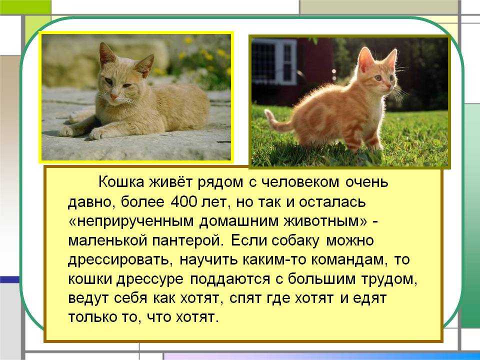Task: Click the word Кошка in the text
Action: pos(121,182)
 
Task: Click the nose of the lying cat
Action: pos(114,97)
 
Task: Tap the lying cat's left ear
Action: pos(106,55)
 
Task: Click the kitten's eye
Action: pos(378,78)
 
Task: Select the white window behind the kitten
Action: pos(274,61)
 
